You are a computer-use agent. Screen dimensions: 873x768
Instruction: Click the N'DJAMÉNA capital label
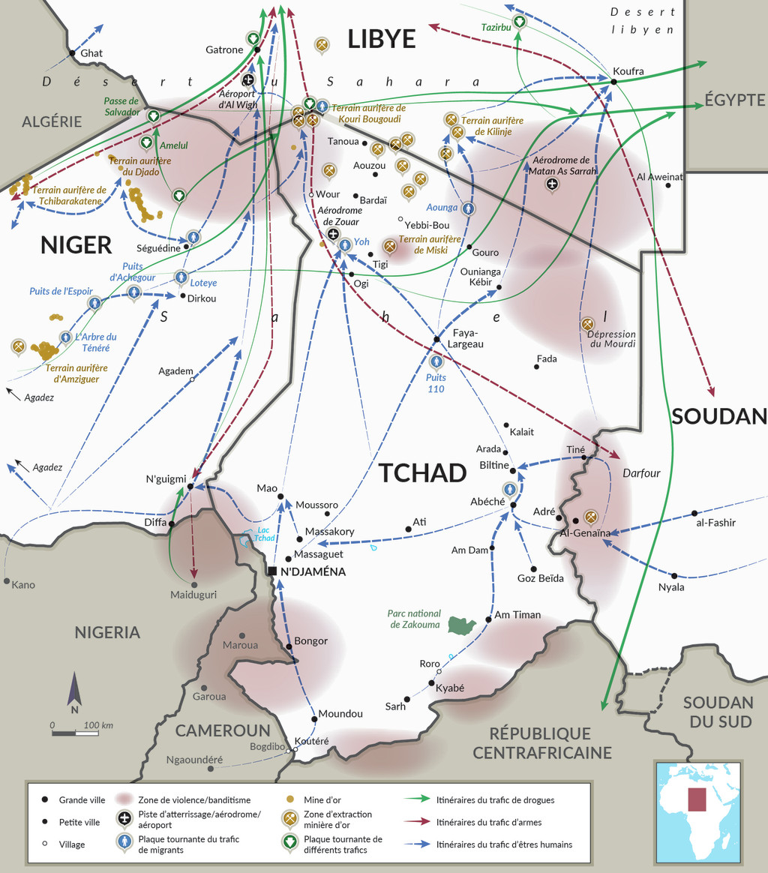pos(313,571)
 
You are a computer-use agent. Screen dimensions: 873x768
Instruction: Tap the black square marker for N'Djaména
pos(273,571)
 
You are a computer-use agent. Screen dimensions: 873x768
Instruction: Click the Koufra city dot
pos(613,81)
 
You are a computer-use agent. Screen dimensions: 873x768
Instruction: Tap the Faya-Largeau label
pos(465,338)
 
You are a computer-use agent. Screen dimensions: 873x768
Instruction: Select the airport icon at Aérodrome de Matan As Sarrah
pos(553,184)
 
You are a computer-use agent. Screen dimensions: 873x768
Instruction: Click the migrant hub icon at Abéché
pos(511,490)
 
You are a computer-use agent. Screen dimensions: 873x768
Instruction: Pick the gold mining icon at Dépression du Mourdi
pos(587,323)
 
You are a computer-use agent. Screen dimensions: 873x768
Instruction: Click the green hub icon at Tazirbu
pos(519,22)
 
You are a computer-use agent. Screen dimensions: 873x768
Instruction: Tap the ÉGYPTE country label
pos(734,100)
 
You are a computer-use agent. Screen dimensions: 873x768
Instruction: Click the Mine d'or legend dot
pos(289,800)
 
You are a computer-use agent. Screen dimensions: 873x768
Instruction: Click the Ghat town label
pos(91,53)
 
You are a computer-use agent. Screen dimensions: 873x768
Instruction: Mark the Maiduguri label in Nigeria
pos(193,595)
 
